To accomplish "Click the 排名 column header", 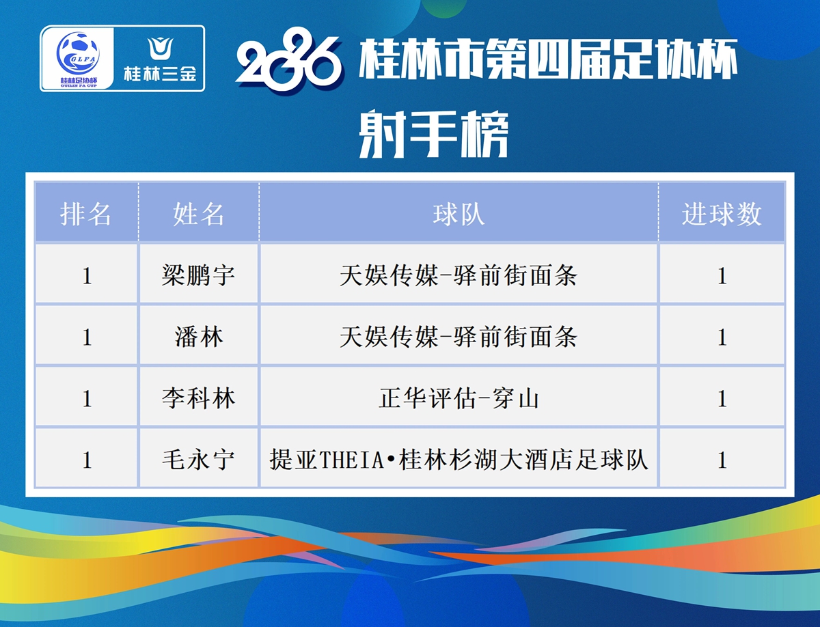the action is tap(85, 214).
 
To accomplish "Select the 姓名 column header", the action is tap(198, 214).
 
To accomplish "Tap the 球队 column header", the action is tap(459, 214).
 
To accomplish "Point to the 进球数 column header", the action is tap(722, 214).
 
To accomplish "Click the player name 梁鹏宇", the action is tap(198, 276).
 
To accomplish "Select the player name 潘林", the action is tap(198, 337).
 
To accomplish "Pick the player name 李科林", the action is tap(198, 398).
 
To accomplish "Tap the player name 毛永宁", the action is tap(198, 460).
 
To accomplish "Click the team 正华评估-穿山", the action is tap(459, 398).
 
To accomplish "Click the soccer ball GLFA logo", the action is tap(78, 53).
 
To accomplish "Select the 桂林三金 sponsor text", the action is tap(160, 74).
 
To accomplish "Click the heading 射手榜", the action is tap(434, 134).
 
